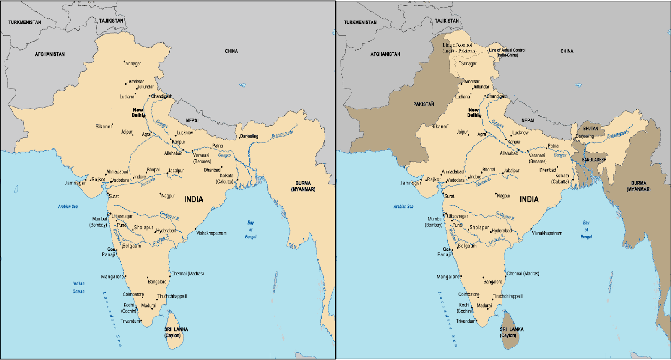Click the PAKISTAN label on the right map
coord(424,104)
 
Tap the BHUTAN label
coord(590,129)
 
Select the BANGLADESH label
coord(594,160)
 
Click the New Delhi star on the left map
coord(144,116)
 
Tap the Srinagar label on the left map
coord(133,64)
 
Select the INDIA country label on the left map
coord(194,199)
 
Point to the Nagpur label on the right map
coord(504,196)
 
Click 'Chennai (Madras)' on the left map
coord(187,274)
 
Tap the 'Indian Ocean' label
coord(78,287)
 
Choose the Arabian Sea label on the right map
coord(403,206)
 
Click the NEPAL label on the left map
coord(193,121)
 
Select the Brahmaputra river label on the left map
coord(282,135)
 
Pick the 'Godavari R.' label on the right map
coord(505,215)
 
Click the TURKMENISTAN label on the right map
coord(360,22)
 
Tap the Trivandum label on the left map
coord(130,321)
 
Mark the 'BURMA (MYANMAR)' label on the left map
coord(303,186)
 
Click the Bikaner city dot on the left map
coord(112,124)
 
